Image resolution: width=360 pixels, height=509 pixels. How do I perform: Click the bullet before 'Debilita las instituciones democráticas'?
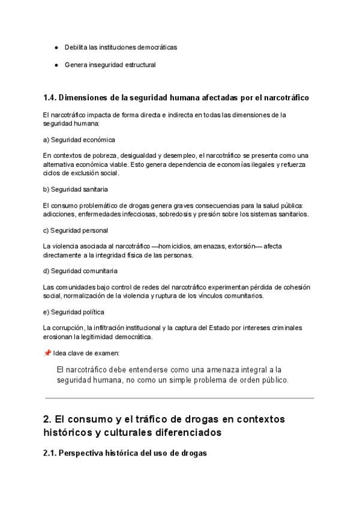coord(56,47)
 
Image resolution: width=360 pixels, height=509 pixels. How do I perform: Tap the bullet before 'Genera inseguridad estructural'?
coord(56,65)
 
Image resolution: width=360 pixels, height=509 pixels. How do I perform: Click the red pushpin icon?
coord(47,353)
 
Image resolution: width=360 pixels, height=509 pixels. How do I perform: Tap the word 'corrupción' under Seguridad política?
coord(68,328)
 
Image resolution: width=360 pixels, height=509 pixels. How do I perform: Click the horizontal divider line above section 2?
coord(179,398)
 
